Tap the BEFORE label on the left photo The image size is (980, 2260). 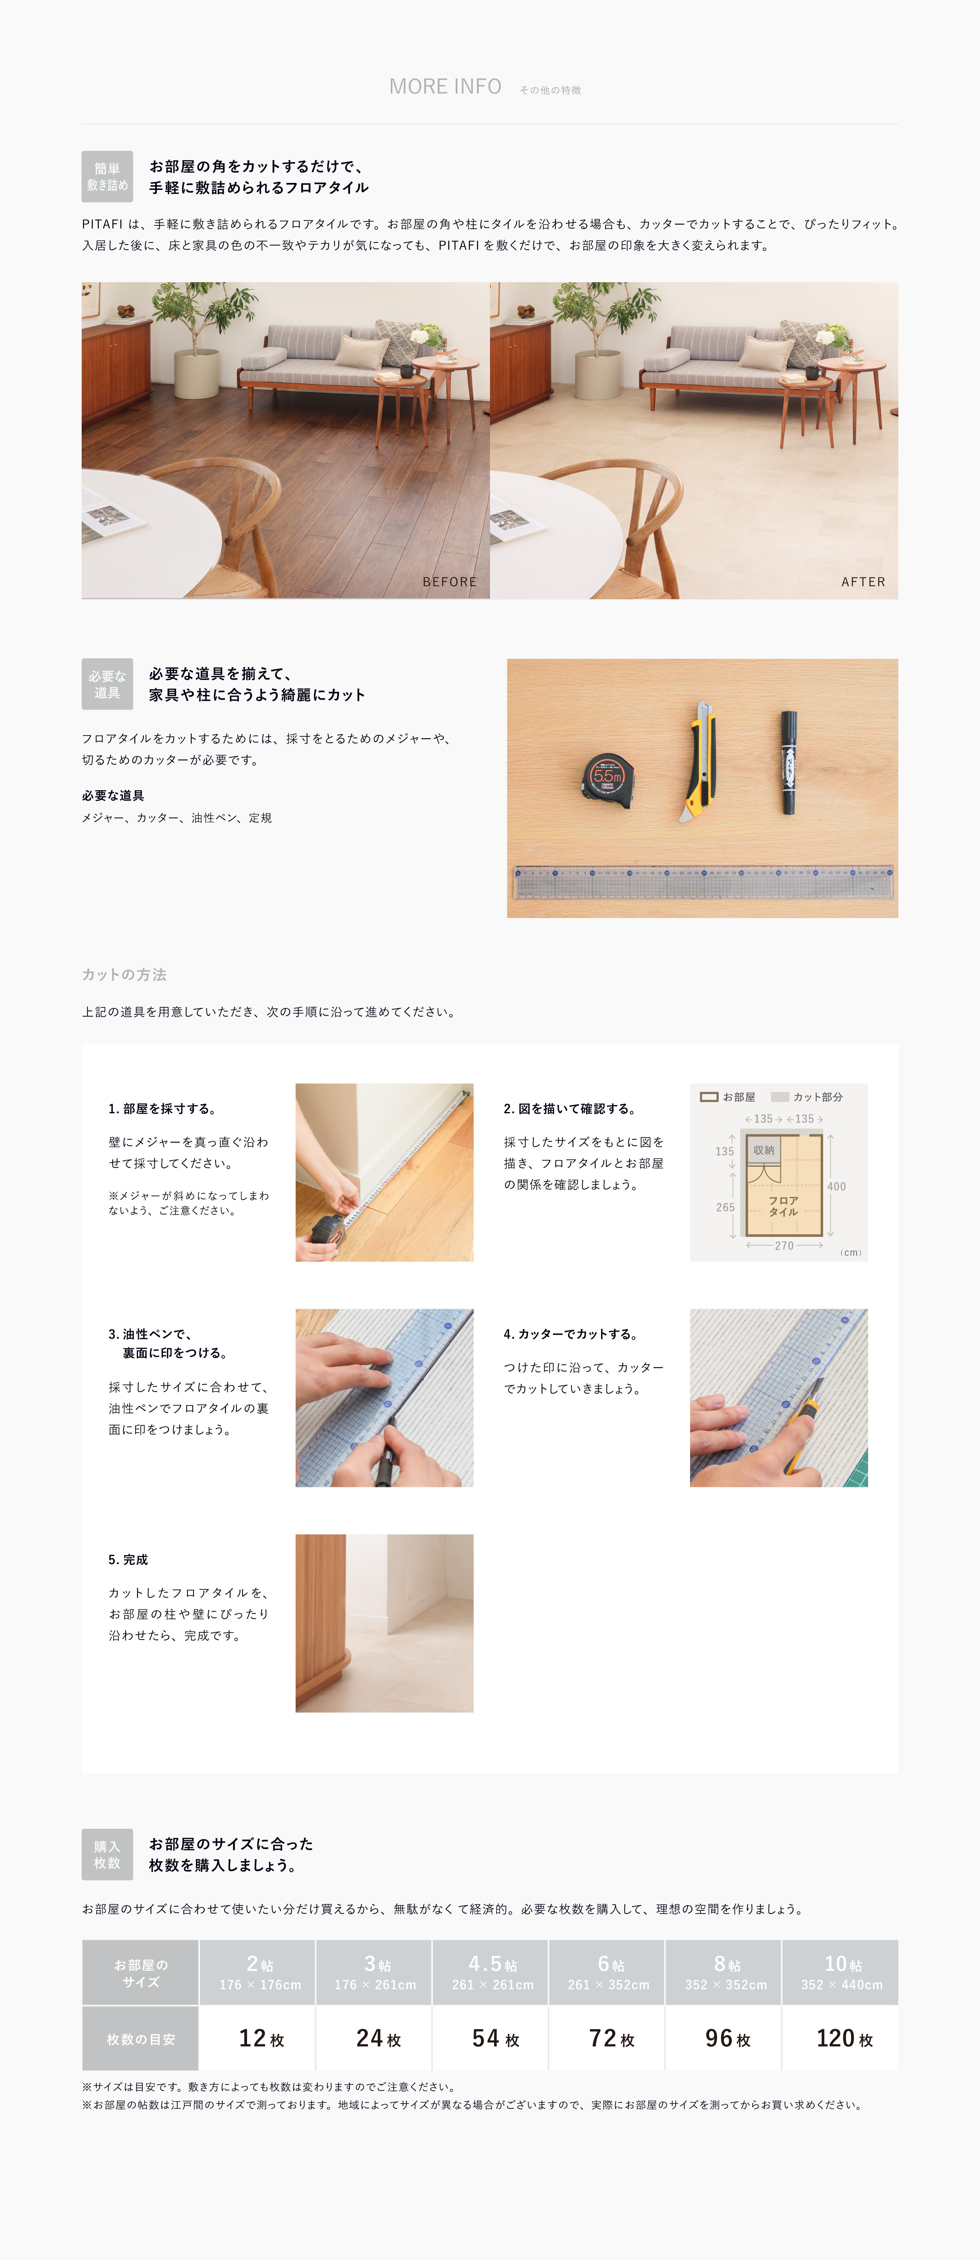click(x=449, y=582)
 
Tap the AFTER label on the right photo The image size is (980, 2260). click(x=863, y=582)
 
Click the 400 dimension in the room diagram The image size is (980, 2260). click(x=836, y=1186)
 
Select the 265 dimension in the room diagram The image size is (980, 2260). click(x=725, y=1207)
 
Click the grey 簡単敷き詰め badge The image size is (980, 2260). click(x=107, y=176)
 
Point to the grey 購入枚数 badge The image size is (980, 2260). click(x=107, y=1854)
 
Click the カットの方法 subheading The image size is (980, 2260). click(x=124, y=975)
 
